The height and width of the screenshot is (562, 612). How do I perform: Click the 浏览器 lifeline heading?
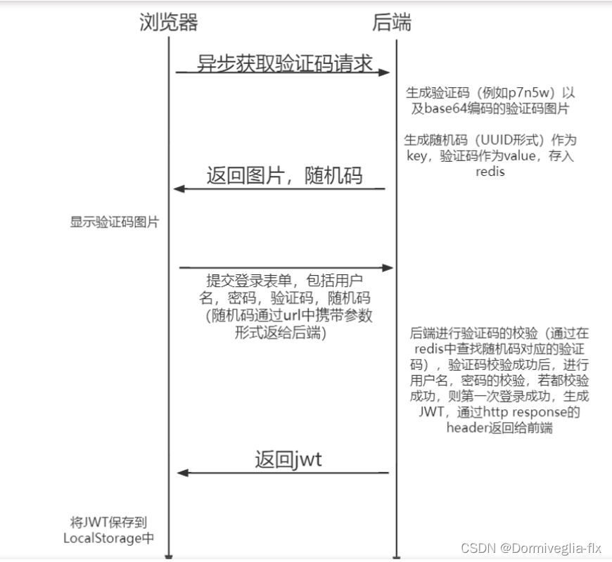(169, 23)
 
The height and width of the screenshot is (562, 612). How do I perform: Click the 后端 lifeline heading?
(392, 23)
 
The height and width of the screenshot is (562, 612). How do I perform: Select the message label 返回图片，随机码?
(284, 175)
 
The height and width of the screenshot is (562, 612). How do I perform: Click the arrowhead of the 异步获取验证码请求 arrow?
(384, 72)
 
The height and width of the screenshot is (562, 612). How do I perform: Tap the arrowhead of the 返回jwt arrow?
(180, 473)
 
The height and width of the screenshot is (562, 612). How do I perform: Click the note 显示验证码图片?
(115, 222)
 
